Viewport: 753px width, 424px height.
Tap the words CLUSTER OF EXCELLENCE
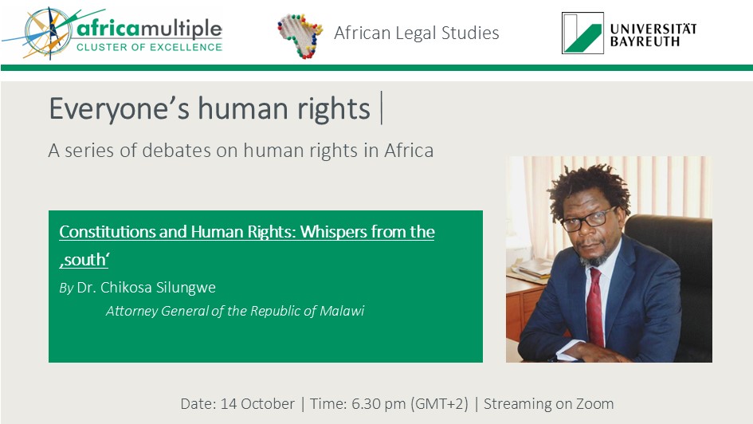(x=149, y=47)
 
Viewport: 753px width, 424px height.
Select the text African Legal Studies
(x=417, y=33)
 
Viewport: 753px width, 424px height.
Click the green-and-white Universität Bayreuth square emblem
(x=582, y=33)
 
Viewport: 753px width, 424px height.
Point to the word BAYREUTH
(x=645, y=41)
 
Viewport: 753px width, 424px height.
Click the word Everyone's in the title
(x=120, y=108)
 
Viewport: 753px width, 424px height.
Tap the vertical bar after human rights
(x=382, y=108)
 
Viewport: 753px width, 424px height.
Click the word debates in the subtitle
(x=176, y=151)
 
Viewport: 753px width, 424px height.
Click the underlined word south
(x=84, y=260)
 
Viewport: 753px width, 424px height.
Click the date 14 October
(x=257, y=403)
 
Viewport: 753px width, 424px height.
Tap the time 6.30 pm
(x=378, y=404)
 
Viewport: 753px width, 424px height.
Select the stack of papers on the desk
(x=530, y=269)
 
